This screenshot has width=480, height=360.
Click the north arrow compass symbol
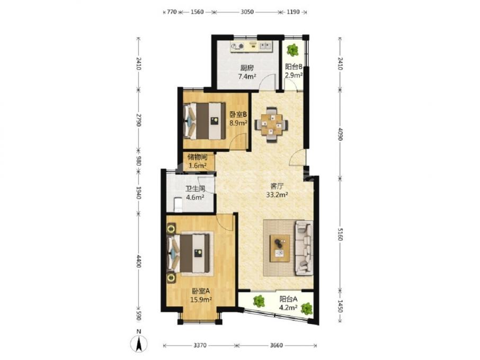coord(139,344)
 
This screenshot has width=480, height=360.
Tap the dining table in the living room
coord(271,124)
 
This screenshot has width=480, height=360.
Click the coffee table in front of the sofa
coord(280,248)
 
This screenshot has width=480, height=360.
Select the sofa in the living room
coord(304,248)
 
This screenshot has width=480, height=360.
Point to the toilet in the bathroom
coord(177,205)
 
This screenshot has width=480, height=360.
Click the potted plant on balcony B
coord(293,50)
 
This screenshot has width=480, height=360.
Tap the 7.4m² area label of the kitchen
coord(247,76)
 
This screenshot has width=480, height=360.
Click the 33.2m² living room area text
coord(277,194)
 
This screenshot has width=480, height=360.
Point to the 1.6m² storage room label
coord(198,166)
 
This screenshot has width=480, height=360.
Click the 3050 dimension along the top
coord(247,12)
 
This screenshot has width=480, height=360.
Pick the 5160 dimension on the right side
coord(340,233)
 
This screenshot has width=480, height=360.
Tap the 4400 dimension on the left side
coord(139,262)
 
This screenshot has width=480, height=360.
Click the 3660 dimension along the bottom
coord(276,345)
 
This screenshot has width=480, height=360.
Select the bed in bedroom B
coord(205,121)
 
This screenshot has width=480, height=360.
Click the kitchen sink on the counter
coord(265,46)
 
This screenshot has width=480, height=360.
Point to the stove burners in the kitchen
coord(237,46)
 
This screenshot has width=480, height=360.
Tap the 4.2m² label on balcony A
coord(288,308)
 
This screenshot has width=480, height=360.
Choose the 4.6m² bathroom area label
coord(195,197)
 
